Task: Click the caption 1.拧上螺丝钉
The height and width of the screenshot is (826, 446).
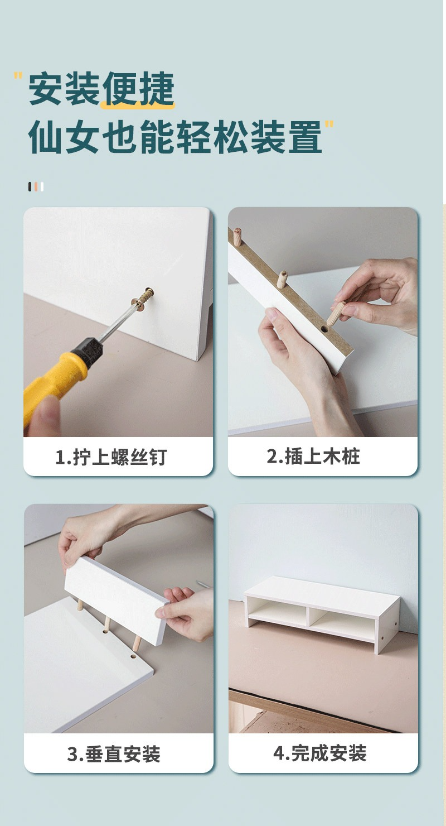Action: tap(111, 457)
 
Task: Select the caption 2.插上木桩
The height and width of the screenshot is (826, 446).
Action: tap(313, 456)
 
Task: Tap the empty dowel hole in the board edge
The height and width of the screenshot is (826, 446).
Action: tap(323, 328)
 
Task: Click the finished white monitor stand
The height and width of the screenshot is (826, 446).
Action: tap(322, 614)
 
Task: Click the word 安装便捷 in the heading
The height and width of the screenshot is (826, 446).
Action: tap(101, 89)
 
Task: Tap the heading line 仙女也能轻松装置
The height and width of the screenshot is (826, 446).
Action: tap(175, 136)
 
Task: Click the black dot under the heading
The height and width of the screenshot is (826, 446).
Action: tap(30, 186)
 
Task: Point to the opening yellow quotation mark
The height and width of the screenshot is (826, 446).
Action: tap(18, 76)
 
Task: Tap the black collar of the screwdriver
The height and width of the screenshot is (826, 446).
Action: tap(88, 349)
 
